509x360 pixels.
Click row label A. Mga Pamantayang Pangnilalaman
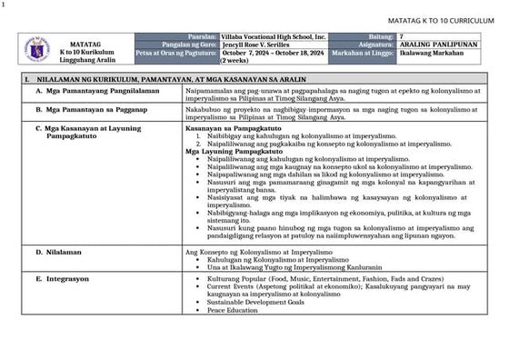(94, 93)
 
